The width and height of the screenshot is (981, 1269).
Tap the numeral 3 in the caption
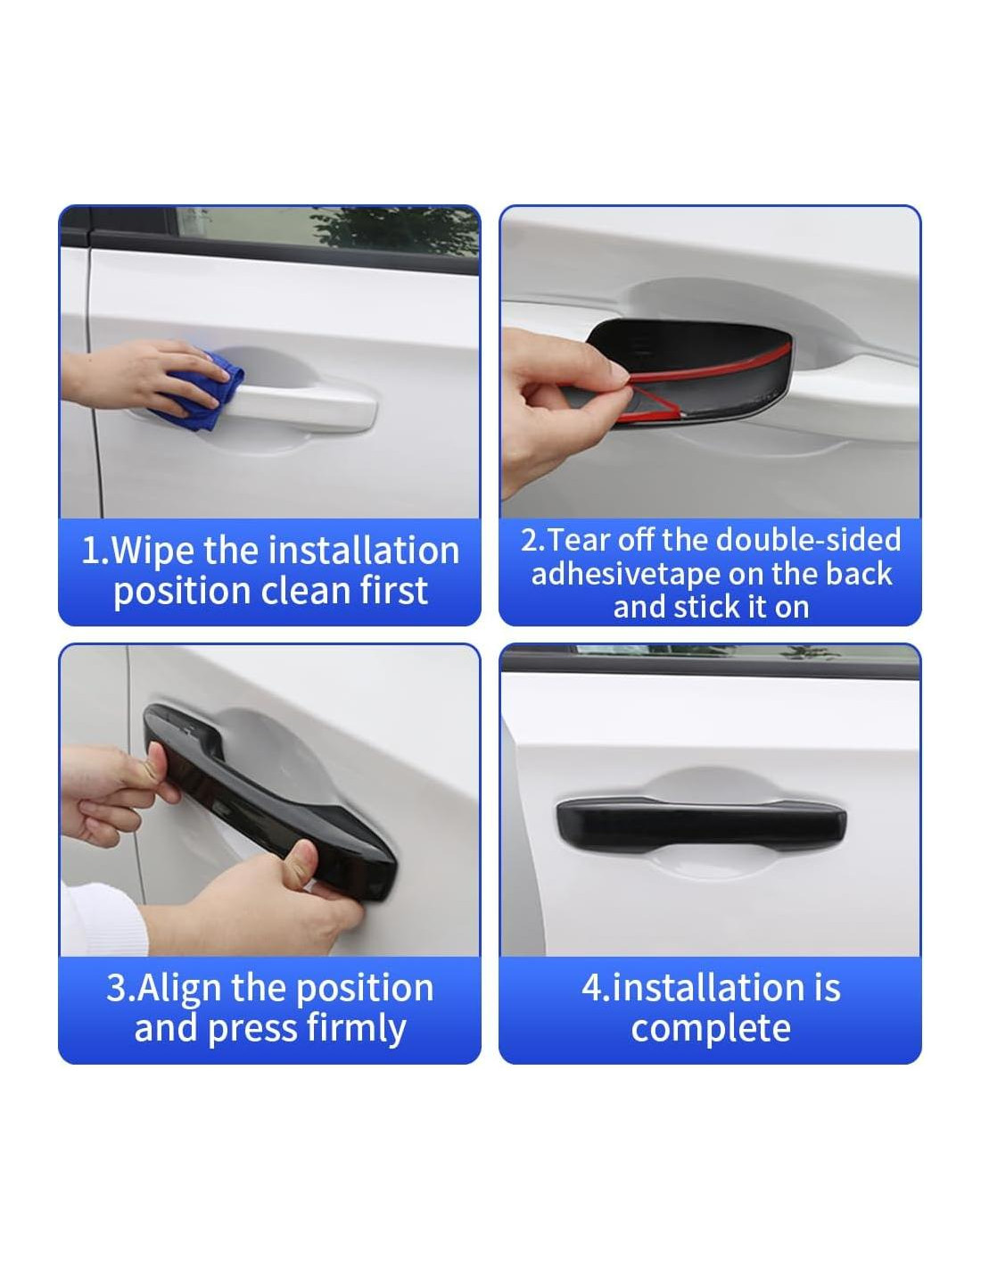tap(117, 988)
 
